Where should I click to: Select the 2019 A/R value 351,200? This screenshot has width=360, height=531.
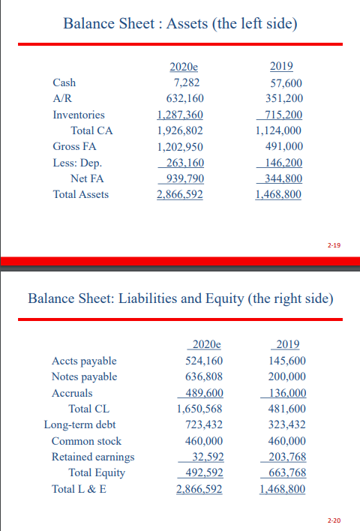click(284, 99)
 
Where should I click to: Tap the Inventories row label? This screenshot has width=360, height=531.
click(79, 115)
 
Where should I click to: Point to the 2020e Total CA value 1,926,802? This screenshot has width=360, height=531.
click(180, 130)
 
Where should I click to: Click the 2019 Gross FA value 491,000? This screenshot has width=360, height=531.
click(284, 147)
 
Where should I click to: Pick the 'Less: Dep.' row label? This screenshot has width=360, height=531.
click(77, 162)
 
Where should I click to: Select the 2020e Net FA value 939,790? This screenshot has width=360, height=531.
click(183, 178)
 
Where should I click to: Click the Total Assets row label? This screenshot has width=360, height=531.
click(80, 194)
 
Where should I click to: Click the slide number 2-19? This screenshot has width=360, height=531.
click(334, 244)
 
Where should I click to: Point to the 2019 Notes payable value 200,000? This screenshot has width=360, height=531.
click(286, 376)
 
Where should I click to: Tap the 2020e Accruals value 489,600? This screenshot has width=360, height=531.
click(204, 393)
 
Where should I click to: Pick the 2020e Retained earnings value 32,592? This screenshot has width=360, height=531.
click(207, 457)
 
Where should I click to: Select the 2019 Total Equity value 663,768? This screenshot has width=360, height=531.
click(286, 472)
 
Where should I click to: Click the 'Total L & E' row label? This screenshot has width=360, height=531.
click(79, 489)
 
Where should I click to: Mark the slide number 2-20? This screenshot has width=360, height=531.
click(334, 520)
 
